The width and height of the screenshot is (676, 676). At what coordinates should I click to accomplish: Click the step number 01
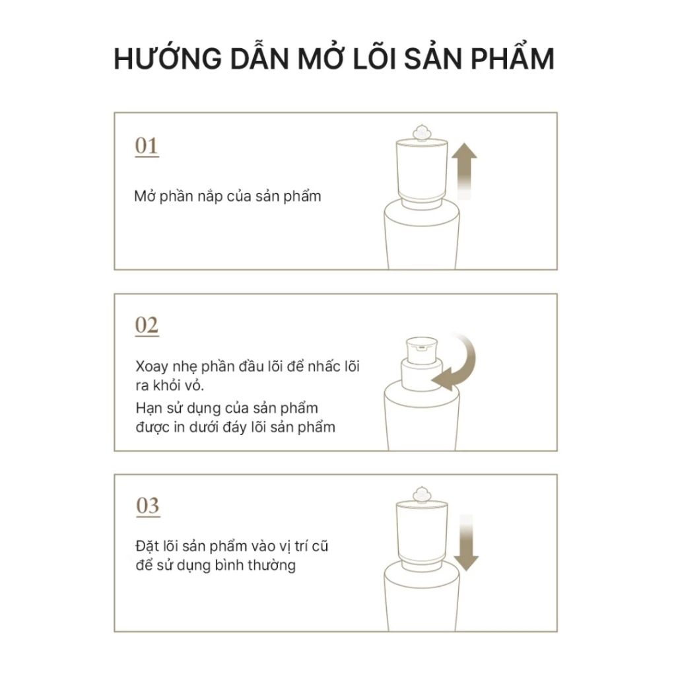pos(147,146)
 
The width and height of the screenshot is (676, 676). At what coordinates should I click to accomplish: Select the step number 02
pos(147,325)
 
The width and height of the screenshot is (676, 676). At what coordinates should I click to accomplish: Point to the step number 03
pos(147,506)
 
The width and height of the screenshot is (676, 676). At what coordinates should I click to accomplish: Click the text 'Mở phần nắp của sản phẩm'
pos(228,197)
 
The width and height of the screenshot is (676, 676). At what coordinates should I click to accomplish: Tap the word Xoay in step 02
pos(151,366)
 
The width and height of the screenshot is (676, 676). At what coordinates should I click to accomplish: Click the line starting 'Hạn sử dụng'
pos(226,408)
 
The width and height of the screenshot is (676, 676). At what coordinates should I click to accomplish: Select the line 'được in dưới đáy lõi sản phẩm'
pos(234,427)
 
